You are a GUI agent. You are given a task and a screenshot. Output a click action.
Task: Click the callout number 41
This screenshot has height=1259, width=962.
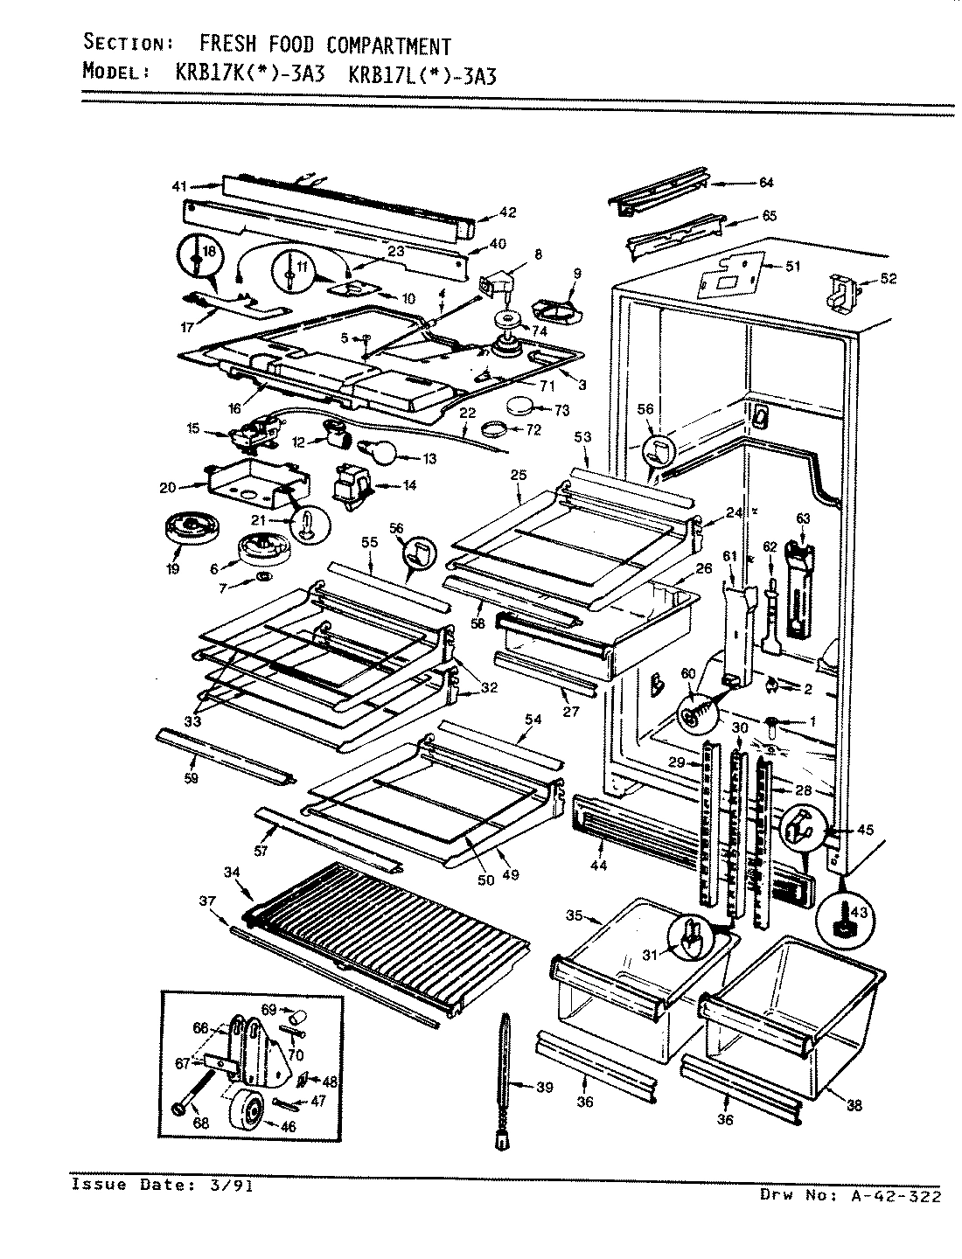(x=179, y=185)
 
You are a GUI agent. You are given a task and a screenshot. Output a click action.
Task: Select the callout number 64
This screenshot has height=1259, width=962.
(x=766, y=183)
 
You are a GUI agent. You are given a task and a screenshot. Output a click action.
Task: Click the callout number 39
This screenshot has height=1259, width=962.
(x=544, y=1087)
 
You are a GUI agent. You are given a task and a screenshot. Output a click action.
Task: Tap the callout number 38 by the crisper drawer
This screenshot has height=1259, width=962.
(x=854, y=1106)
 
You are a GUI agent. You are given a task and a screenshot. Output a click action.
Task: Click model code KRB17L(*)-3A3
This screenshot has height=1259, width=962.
(x=422, y=74)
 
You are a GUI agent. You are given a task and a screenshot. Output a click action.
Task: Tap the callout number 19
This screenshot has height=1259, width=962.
(x=172, y=569)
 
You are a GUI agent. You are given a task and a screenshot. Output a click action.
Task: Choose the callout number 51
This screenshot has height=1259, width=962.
(x=791, y=267)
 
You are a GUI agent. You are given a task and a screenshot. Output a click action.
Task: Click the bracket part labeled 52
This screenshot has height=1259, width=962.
(x=841, y=291)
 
